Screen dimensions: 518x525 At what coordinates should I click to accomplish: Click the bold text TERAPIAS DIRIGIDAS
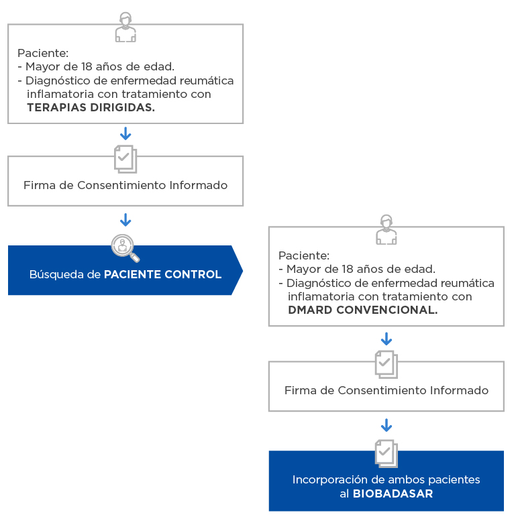(x=91, y=107)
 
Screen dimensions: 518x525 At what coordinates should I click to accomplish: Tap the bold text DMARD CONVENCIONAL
(x=362, y=310)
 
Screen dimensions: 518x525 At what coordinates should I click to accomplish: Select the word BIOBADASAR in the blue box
(x=393, y=493)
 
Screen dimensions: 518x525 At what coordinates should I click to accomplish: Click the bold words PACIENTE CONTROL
(x=162, y=274)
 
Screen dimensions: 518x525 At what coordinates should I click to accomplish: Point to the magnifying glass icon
(x=125, y=247)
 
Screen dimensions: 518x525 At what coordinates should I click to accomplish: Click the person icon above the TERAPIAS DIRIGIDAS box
(x=125, y=27)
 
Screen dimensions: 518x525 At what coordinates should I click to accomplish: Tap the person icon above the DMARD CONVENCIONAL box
(x=386, y=230)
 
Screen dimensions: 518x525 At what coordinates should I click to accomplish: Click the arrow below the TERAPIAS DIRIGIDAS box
(x=125, y=133)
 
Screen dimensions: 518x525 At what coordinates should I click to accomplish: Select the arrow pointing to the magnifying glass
(x=125, y=220)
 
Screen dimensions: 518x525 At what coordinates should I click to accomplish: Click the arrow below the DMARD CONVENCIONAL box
(x=386, y=339)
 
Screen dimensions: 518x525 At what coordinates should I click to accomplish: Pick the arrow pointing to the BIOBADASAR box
(x=386, y=425)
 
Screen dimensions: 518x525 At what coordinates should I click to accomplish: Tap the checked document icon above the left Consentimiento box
(x=125, y=159)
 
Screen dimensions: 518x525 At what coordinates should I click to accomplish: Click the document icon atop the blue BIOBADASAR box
(x=386, y=453)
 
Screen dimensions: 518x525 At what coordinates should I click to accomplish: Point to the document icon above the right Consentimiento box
(x=386, y=364)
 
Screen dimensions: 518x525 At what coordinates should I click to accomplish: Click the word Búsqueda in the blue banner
(x=56, y=274)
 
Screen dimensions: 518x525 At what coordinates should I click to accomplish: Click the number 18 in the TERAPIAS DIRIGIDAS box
(x=87, y=66)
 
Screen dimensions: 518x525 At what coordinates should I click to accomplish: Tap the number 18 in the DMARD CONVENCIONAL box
(x=347, y=269)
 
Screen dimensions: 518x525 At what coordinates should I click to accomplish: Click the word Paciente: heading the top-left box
(x=43, y=53)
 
